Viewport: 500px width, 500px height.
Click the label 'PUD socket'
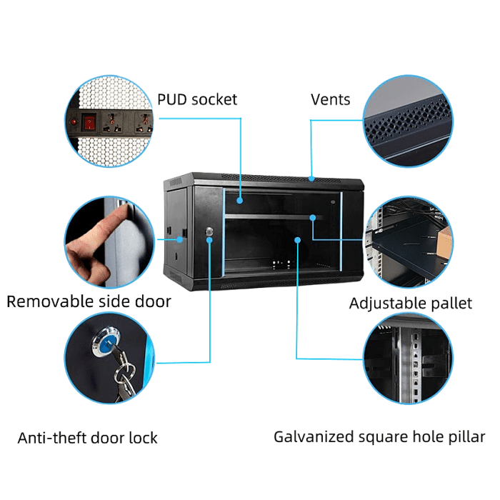point(196,99)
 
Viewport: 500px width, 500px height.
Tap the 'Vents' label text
point(330,99)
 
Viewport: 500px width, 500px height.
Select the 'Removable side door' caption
point(89,301)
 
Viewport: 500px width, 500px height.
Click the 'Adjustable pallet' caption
point(410,304)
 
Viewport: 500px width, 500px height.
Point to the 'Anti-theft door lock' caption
point(87,438)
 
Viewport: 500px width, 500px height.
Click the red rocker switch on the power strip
point(89,123)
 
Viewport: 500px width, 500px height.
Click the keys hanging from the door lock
point(125,375)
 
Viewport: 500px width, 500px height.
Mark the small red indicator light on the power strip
point(74,122)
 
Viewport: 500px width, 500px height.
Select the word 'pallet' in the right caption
point(451,304)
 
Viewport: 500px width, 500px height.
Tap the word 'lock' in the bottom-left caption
point(144,438)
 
